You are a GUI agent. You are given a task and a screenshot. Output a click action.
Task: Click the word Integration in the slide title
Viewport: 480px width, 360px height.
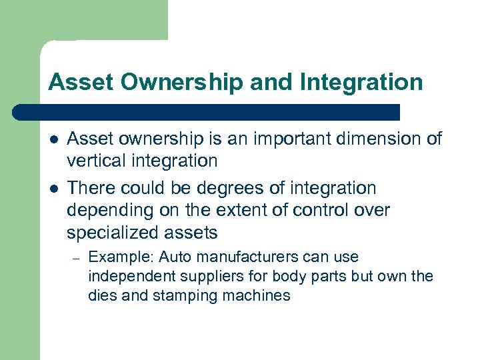(361, 82)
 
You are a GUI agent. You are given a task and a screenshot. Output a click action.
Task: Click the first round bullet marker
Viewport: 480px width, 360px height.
(53, 139)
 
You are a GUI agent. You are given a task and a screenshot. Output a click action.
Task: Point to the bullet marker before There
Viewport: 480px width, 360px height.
(53, 189)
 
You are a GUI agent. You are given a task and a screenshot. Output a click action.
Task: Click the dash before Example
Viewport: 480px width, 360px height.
(77, 258)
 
